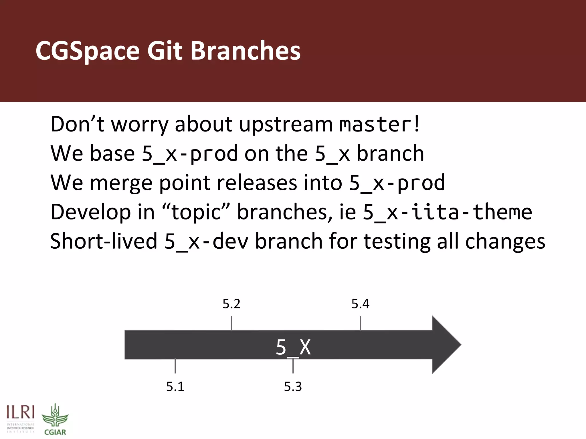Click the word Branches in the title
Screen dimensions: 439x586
coord(245,51)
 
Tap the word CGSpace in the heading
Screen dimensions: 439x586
coord(88,51)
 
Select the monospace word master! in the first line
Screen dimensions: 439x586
coord(379,125)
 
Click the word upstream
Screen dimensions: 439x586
coord(286,125)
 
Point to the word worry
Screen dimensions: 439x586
coord(140,125)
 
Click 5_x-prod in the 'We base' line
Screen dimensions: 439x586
coord(190,154)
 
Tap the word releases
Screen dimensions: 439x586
coord(257,183)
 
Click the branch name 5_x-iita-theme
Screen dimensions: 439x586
coord(448,212)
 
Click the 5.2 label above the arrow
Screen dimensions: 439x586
coord(231,304)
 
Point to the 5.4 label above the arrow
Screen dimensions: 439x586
coord(360,304)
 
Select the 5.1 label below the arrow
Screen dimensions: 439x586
coord(175,387)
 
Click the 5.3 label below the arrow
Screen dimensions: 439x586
coord(293,387)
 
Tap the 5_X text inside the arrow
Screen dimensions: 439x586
coord(293,348)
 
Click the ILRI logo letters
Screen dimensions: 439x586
coord(21,413)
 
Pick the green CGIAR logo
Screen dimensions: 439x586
coord(55,419)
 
